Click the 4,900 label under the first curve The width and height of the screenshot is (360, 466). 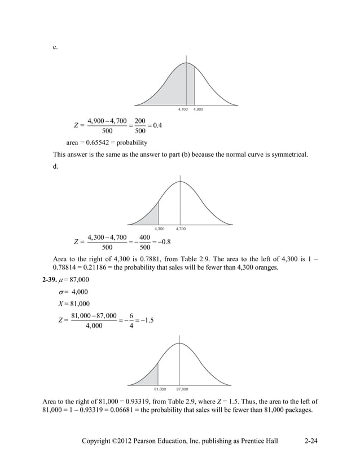[199, 109]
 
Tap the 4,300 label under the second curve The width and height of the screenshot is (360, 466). [159, 228]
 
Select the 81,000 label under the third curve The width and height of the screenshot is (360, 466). [160, 389]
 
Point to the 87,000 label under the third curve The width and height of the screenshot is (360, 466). [182, 389]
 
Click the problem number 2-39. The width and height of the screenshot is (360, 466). [53, 280]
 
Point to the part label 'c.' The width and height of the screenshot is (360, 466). [55, 47]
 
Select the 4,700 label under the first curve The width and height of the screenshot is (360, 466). [183, 109]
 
